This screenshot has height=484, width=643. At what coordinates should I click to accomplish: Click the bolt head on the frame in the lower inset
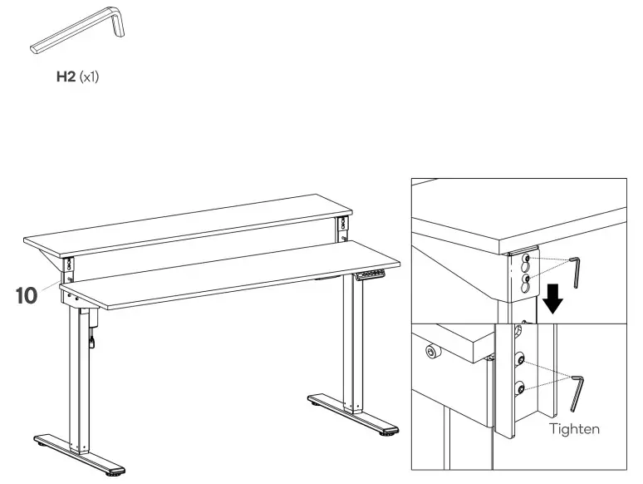431,353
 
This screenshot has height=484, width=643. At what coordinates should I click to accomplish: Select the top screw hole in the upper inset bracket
525,259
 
